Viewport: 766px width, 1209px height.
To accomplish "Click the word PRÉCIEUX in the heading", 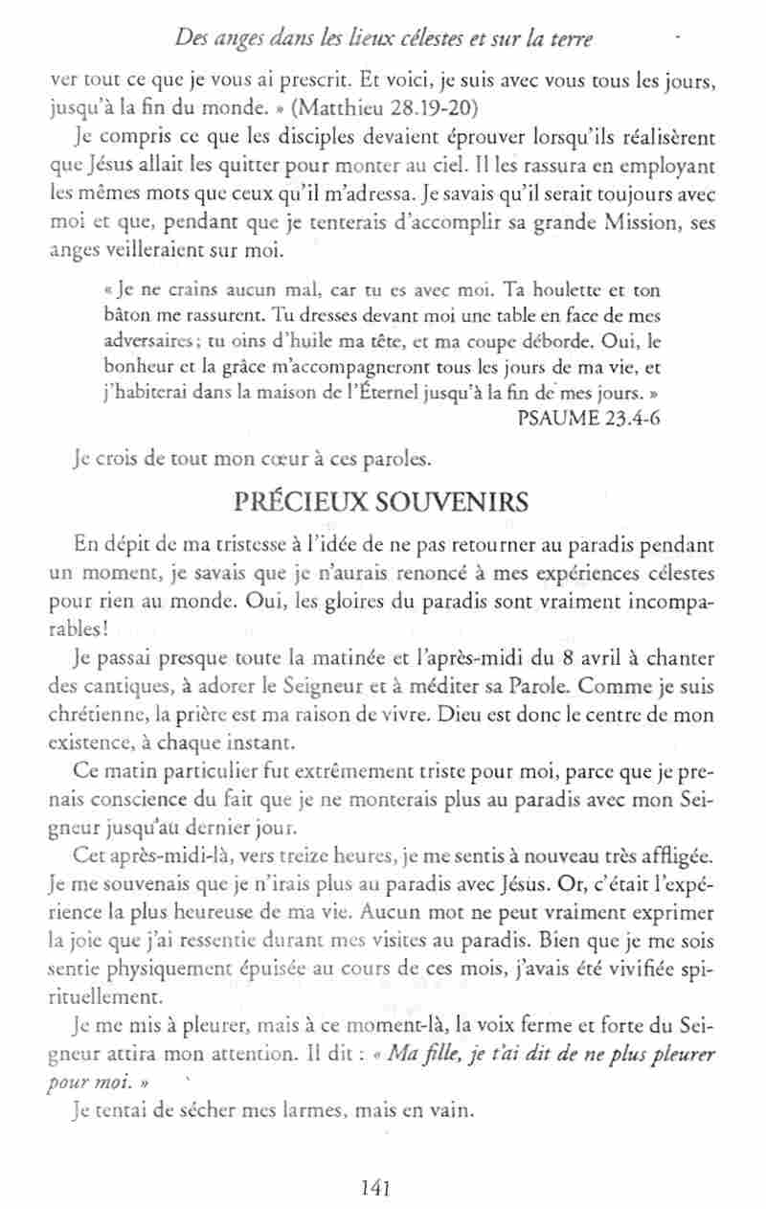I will [303, 502].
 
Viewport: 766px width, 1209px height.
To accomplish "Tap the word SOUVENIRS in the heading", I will [449, 502].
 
